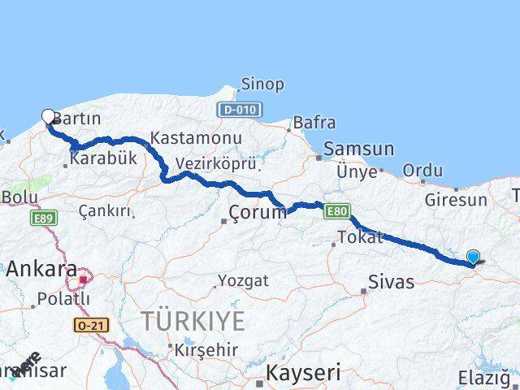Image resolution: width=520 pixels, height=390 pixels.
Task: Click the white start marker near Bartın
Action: point(48,116)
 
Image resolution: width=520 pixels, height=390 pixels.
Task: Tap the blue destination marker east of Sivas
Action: point(474,258)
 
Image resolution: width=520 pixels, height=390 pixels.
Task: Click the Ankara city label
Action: point(42,269)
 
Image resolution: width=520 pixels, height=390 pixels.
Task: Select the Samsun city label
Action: point(358,149)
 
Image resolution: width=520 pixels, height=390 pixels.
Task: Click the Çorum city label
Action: point(258,214)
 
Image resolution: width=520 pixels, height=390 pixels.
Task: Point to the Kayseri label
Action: point(301,374)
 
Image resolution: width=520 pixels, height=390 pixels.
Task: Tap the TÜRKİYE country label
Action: point(193,321)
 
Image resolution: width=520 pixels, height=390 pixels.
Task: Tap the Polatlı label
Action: point(63,298)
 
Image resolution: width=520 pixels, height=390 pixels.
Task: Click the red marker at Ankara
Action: point(82,280)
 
